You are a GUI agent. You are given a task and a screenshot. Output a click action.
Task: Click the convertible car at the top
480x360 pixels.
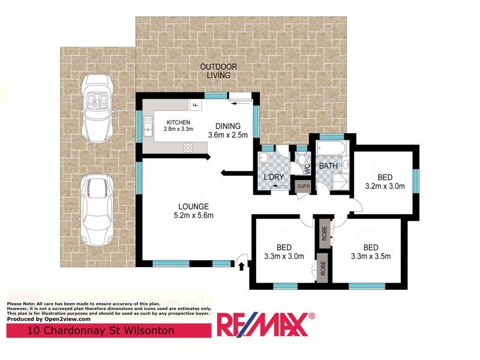point(98,109)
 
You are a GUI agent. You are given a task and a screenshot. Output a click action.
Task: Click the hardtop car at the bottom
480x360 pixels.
point(97,210)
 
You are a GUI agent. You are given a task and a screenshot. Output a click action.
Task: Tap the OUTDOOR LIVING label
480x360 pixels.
point(218,71)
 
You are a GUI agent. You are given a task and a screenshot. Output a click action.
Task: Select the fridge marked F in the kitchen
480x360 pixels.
point(196,104)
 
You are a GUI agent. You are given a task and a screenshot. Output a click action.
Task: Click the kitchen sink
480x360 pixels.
point(148,127)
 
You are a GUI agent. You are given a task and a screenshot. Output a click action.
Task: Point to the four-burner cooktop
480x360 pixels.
point(188,148)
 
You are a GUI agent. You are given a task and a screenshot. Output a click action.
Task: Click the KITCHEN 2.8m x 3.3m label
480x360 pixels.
point(178,125)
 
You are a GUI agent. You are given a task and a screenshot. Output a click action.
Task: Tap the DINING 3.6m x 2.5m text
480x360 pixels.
point(228,130)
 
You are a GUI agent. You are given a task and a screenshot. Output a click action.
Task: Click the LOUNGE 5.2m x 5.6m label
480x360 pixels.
point(193,211)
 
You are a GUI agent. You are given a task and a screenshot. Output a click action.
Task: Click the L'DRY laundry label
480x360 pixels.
point(274,177)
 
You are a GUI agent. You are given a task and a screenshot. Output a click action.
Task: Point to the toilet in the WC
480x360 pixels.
point(302,159)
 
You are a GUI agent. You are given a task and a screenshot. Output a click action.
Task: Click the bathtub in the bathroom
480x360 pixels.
point(331,148)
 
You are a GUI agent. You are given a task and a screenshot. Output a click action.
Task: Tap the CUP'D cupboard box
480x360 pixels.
point(304,187)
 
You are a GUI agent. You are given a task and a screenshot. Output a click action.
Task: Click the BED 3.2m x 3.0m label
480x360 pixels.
point(385,182)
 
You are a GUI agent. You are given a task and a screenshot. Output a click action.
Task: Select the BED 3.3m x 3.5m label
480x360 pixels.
point(371,251)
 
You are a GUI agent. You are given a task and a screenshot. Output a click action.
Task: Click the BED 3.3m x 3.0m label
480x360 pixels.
point(284,251)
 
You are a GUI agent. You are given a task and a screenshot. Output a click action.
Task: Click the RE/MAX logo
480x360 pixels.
point(266,324)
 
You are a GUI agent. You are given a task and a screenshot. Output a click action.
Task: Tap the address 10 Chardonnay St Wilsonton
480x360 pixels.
point(101,331)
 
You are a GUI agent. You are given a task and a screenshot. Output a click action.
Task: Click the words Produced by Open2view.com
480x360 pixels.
point(49,319)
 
